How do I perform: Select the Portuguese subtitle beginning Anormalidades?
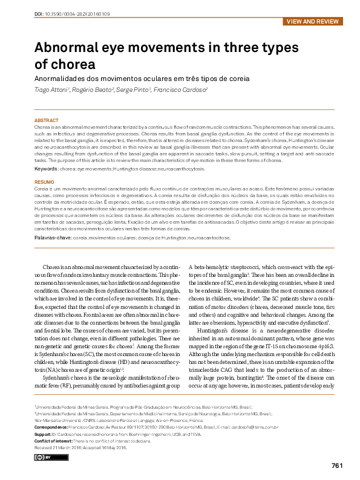pos(142,79)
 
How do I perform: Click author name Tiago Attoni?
pos(52,89)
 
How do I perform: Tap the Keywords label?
pos(46,168)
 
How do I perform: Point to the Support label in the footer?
pos(44,433)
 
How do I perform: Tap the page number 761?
pos(337,465)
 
